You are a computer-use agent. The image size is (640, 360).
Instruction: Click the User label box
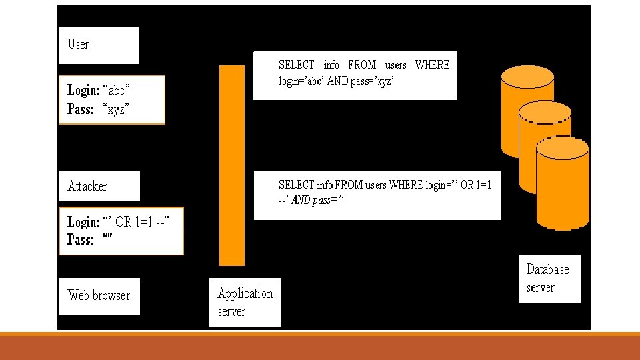(x=99, y=45)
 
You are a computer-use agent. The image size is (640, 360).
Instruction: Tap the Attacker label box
(x=99, y=186)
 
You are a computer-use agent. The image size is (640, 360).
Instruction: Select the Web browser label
(x=99, y=295)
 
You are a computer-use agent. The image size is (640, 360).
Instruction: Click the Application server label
(x=245, y=302)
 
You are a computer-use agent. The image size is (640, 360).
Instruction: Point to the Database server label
(x=549, y=279)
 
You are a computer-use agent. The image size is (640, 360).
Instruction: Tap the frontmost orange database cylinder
(x=563, y=183)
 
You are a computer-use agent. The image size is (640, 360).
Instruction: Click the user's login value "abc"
(x=118, y=89)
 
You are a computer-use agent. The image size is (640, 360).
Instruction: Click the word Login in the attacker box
(x=83, y=222)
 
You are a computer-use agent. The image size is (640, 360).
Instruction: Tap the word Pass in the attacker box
(x=80, y=240)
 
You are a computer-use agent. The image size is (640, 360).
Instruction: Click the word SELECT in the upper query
(x=297, y=65)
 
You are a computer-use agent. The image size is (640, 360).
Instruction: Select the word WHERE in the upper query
(x=432, y=65)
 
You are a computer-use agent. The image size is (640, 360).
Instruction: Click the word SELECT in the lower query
(x=296, y=185)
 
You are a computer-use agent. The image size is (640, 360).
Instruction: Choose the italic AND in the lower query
(x=301, y=200)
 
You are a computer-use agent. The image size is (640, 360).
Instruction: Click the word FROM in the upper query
(x=362, y=65)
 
